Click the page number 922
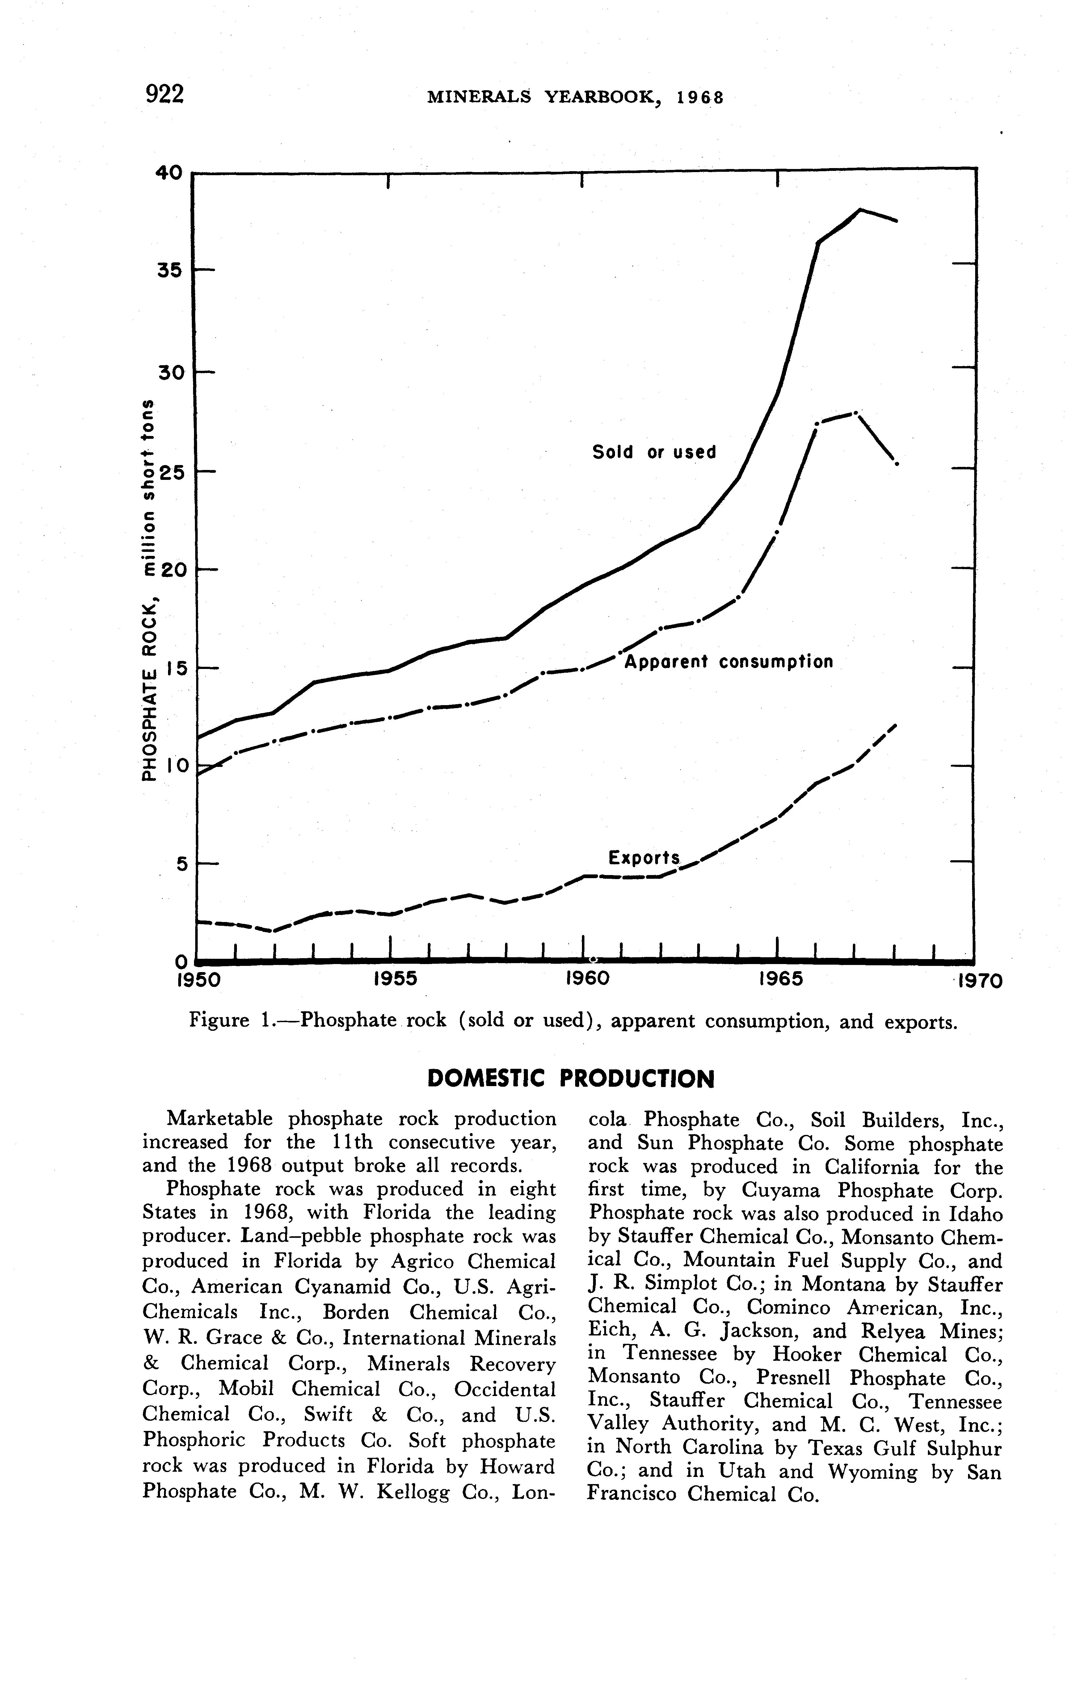164,93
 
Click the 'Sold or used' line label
654,452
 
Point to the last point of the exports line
895,725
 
